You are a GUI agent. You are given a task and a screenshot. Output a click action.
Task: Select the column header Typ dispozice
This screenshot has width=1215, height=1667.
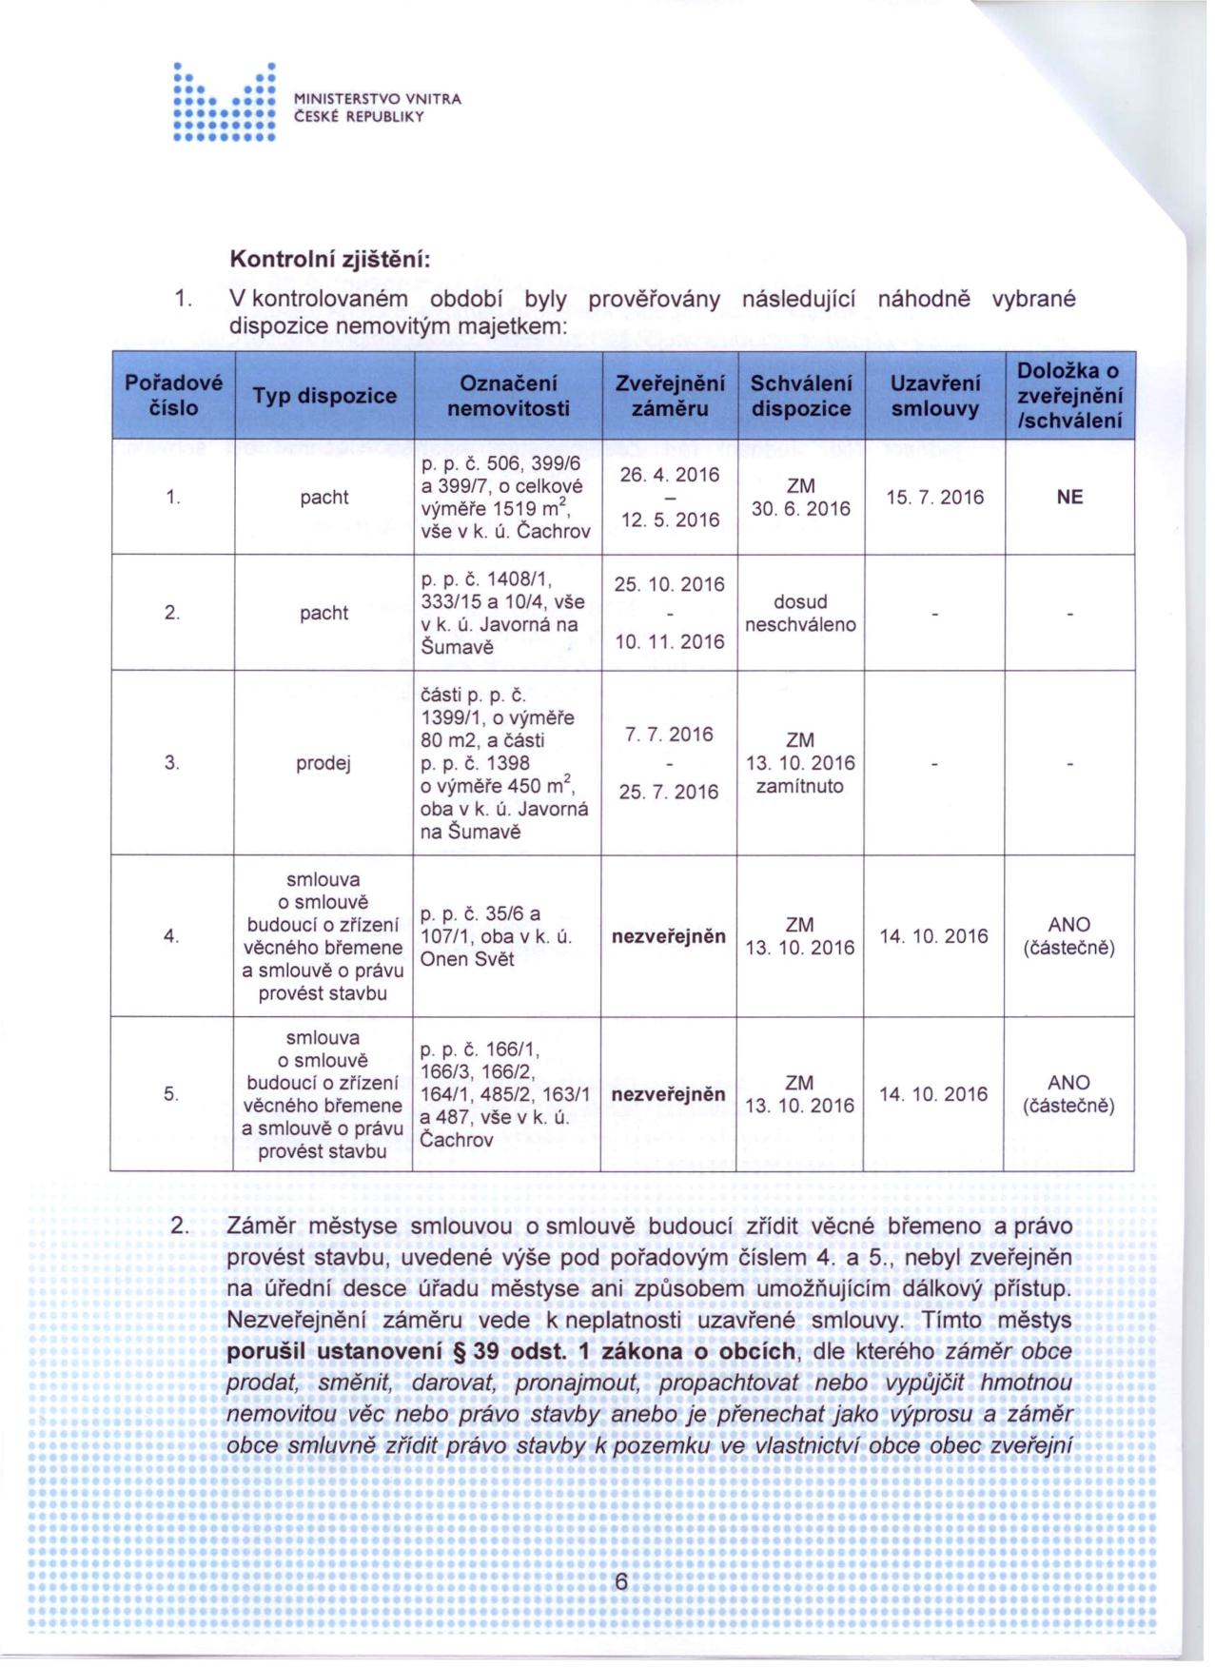(x=324, y=396)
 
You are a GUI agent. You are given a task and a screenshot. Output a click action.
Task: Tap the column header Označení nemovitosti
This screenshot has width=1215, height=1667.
(x=508, y=396)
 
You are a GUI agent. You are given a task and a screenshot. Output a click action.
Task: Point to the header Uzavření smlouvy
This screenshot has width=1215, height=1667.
(x=934, y=396)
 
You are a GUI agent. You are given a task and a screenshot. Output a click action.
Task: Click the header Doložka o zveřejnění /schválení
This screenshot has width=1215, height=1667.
(x=1069, y=396)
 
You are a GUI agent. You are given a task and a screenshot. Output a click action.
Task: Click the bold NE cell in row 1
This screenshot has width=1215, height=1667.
(x=1069, y=498)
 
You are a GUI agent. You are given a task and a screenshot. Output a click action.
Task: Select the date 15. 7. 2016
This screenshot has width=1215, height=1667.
(x=934, y=498)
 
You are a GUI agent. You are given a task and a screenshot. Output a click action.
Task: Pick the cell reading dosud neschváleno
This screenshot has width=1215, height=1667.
(x=800, y=614)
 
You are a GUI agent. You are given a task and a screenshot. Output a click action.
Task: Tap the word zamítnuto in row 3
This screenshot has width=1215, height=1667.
(x=800, y=787)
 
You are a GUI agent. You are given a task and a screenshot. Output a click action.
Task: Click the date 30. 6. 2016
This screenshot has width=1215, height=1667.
(x=800, y=510)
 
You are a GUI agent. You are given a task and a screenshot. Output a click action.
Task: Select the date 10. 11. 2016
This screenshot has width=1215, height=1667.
(x=670, y=643)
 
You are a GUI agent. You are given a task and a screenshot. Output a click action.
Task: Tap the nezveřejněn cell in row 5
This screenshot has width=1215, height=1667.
(x=668, y=1095)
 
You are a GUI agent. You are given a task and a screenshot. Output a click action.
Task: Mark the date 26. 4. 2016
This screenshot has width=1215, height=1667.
(x=670, y=475)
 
